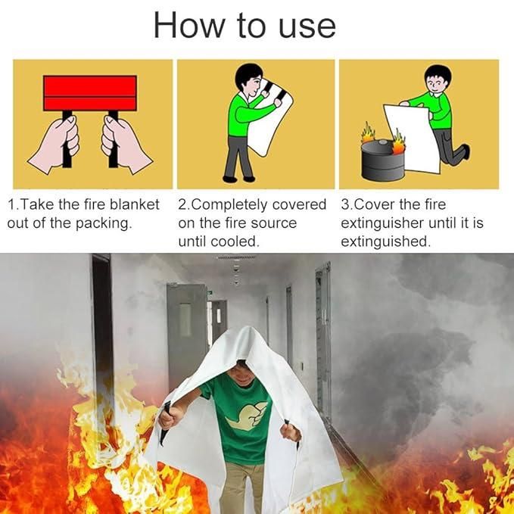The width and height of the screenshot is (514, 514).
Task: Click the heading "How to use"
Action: [244, 25]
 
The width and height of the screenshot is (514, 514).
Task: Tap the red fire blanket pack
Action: [90, 93]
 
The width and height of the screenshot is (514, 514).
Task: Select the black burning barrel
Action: [382, 160]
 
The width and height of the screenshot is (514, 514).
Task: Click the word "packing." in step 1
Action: [106, 223]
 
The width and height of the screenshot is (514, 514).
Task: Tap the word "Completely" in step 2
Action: [233, 204]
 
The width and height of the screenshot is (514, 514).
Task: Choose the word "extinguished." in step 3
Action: [385, 242]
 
